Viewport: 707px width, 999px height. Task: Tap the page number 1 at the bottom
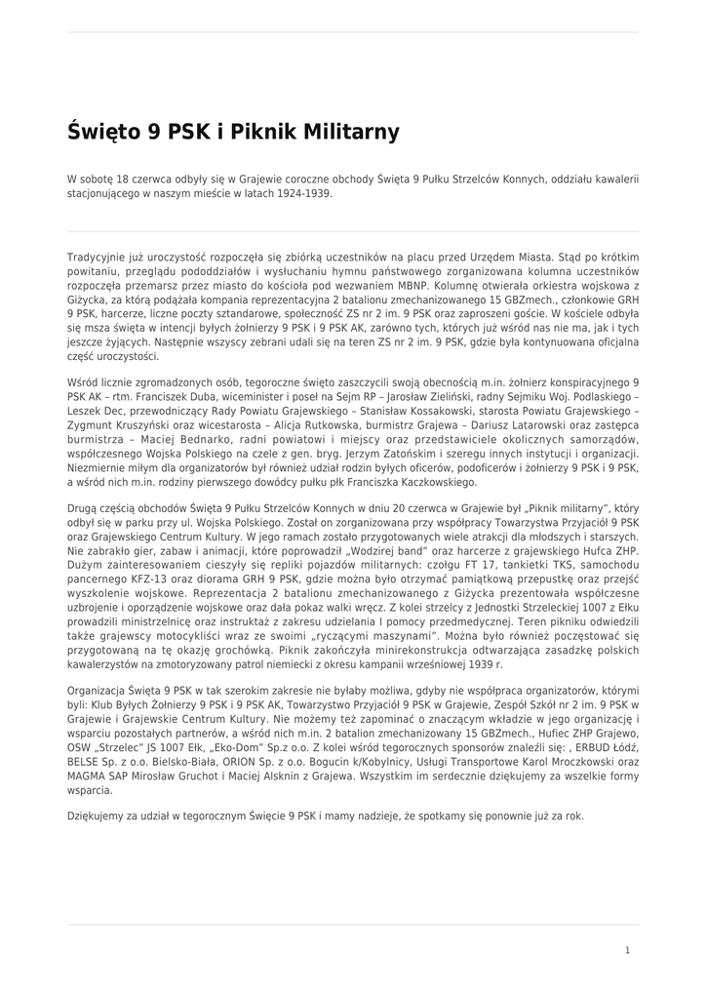tap(627, 950)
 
